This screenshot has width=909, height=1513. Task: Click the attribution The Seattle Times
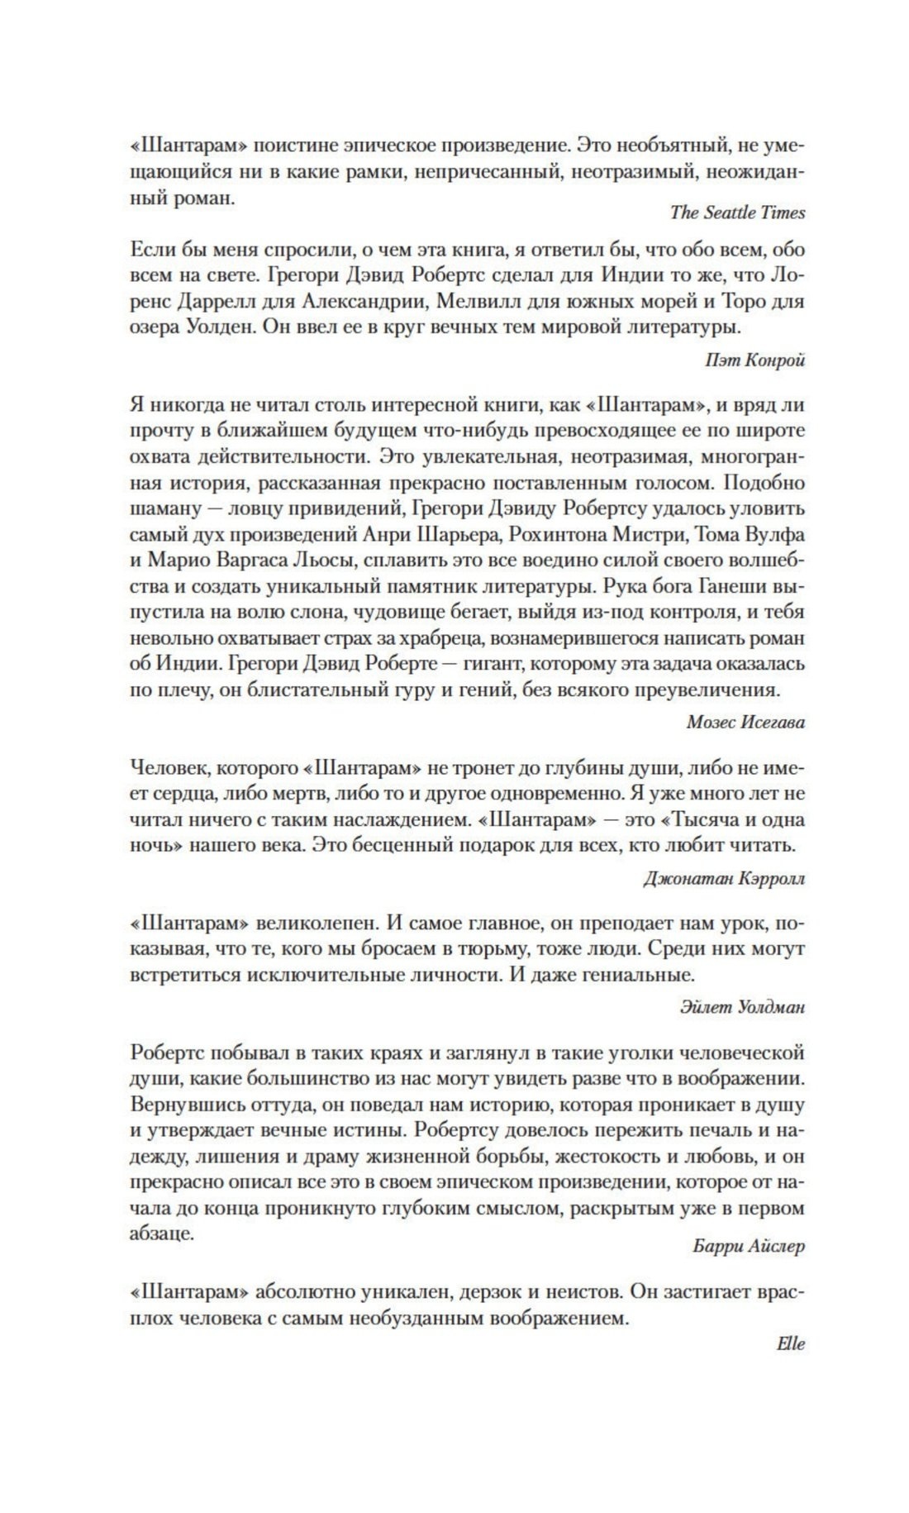[x=737, y=212]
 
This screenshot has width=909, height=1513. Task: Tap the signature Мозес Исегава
[x=745, y=722]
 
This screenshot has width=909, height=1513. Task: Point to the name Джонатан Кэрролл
[x=724, y=878]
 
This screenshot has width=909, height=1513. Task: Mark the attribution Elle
[x=791, y=1344]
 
